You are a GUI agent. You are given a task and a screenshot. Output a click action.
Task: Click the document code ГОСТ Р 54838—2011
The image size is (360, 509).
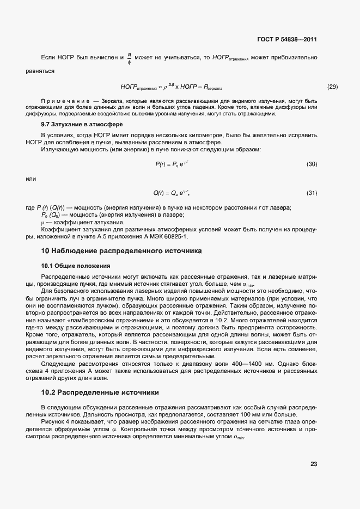point(286,40)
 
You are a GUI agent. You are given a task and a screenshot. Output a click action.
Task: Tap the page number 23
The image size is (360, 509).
point(314,464)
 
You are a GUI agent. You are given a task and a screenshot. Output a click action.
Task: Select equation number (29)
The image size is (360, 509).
point(332,87)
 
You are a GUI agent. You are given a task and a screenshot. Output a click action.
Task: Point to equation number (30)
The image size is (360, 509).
point(312,164)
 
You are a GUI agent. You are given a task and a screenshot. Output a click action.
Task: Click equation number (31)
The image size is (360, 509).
point(312,193)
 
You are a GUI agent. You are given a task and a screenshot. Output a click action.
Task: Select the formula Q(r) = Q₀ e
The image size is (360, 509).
point(172,193)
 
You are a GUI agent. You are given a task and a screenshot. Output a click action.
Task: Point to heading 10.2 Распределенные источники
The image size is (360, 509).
point(100,392)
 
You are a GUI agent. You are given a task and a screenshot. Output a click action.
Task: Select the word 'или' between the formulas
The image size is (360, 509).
point(31,178)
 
